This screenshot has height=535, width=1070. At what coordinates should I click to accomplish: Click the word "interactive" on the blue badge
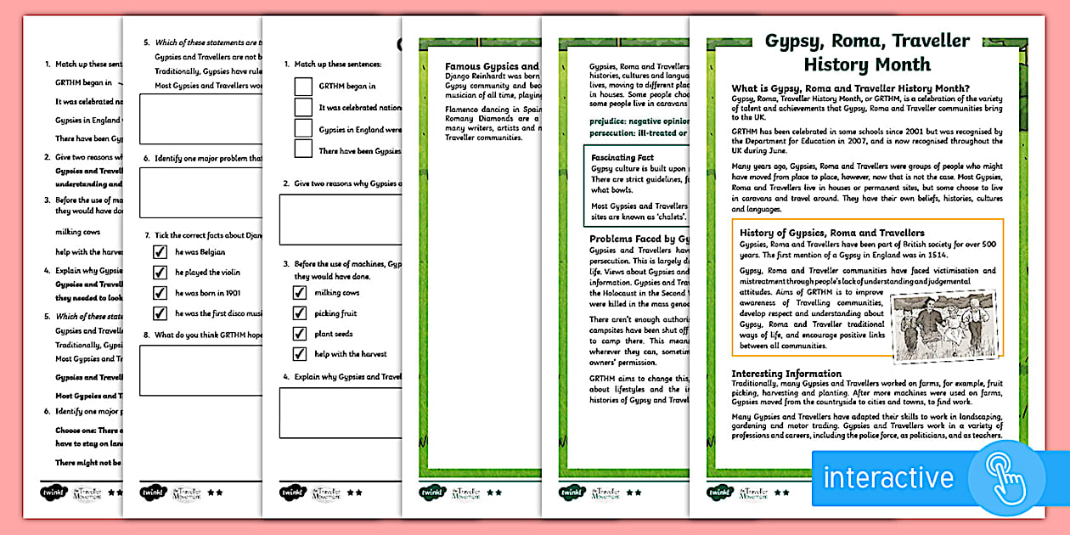point(888,477)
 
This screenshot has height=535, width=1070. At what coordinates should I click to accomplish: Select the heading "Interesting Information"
point(786,374)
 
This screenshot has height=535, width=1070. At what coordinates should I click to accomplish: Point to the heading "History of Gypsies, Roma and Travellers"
point(831,233)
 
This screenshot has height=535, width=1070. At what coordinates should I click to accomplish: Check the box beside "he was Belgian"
point(160,251)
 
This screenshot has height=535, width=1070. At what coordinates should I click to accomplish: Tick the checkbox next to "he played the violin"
point(160,272)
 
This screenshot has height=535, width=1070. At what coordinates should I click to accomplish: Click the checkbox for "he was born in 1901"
point(160,293)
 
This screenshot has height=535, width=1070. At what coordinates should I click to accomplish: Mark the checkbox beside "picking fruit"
point(300,313)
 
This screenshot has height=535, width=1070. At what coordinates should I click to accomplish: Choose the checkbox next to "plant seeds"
point(300,334)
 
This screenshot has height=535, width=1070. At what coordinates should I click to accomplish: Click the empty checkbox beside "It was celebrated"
point(303,107)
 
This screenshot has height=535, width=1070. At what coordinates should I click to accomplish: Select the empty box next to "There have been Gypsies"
point(303,149)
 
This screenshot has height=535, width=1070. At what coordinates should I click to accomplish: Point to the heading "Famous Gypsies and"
point(493,66)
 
